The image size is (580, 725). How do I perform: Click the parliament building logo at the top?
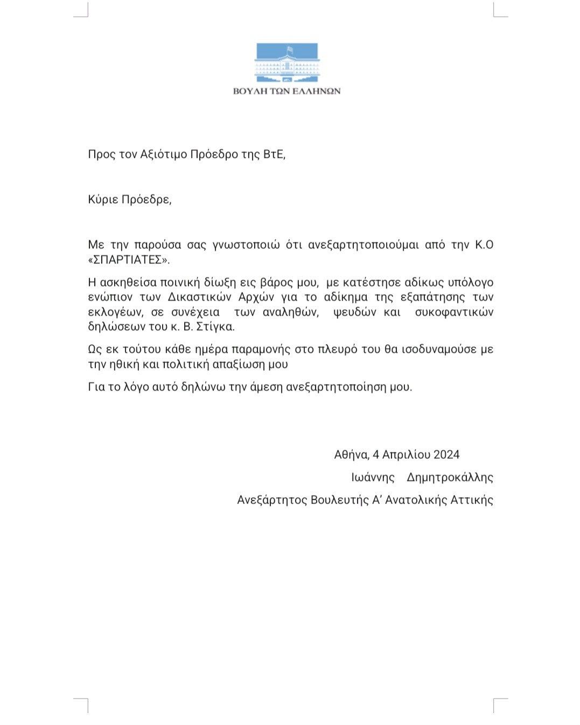pos(287,63)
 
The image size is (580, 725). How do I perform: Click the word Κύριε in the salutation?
pos(103,200)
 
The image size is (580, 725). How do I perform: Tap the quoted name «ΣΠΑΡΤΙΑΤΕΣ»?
pos(128,260)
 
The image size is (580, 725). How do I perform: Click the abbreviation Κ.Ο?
pos(484,245)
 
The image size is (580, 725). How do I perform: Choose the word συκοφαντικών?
pos(454,312)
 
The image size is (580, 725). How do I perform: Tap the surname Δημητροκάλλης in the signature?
pos(450,477)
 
